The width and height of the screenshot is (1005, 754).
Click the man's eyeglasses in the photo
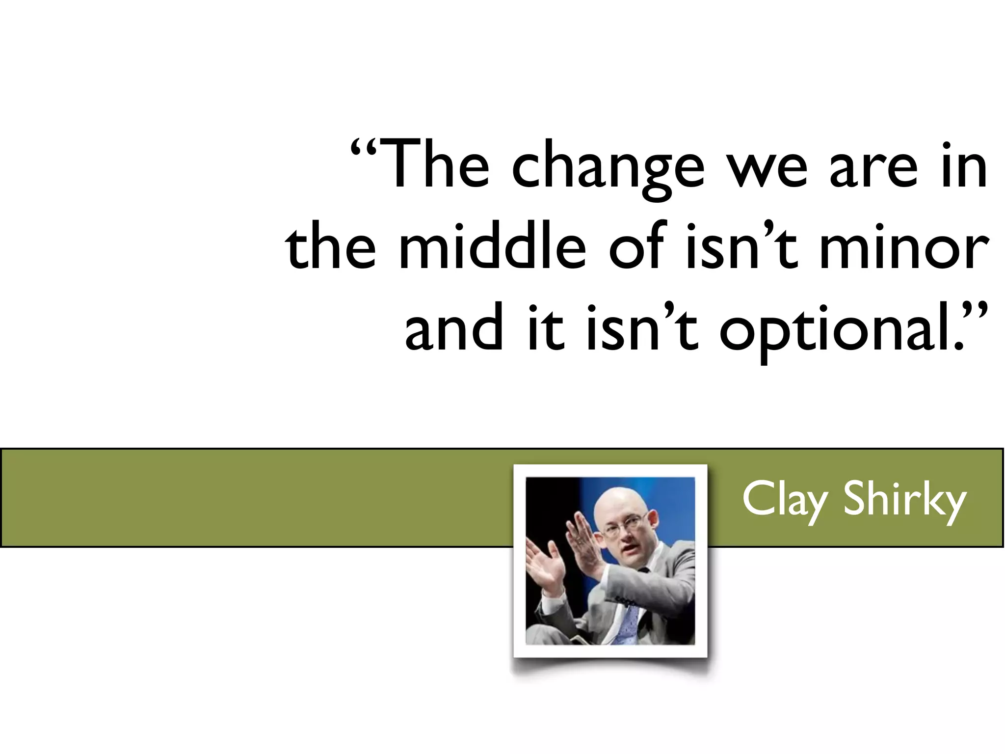(623, 528)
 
